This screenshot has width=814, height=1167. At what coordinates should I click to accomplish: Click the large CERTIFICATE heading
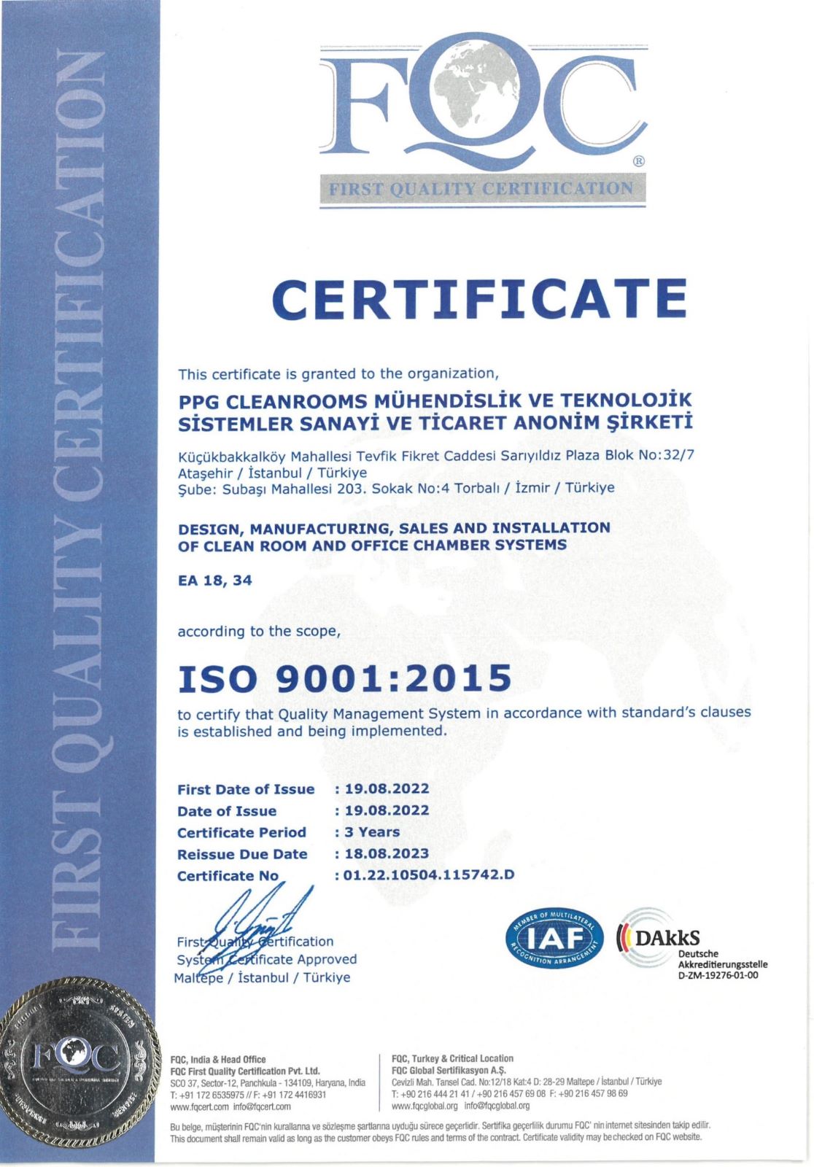479,298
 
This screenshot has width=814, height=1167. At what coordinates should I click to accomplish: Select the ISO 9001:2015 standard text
344,678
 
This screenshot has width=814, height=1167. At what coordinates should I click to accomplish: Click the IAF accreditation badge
554,937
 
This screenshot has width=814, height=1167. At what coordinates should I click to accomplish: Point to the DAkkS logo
661,937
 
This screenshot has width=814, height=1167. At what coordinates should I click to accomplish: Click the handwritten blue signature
259,926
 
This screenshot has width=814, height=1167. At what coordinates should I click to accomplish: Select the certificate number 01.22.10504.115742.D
429,875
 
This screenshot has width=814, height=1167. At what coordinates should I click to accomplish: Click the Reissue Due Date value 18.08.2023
387,853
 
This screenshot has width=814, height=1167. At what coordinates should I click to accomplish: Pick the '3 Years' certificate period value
373,832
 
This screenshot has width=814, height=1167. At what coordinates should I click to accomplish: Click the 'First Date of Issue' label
246,789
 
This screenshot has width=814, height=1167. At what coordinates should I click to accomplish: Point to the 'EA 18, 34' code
214,581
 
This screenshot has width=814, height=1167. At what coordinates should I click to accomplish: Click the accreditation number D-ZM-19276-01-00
718,975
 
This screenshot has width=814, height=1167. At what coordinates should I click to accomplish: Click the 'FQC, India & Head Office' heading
217,1060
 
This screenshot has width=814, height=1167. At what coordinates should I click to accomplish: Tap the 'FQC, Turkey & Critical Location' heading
452,1058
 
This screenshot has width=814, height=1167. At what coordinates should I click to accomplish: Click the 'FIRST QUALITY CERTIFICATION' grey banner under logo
481,189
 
